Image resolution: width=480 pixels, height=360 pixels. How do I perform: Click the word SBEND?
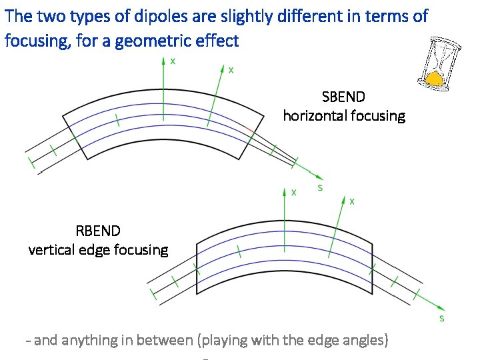tap(343, 97)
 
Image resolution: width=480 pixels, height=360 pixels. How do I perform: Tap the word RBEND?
tap(98, 231)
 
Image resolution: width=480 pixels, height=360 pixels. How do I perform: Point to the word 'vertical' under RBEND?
tap(51, 250)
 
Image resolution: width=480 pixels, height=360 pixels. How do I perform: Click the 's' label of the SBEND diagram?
tap(320, 187)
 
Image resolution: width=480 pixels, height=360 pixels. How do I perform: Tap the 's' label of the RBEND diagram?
tap(442, 319)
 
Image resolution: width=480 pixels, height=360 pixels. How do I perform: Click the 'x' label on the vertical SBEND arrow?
tap(173, 61)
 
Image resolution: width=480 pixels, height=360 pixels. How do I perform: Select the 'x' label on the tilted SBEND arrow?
tap(231, 69)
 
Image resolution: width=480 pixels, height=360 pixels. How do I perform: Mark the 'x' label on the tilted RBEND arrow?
tap(352, 200)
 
